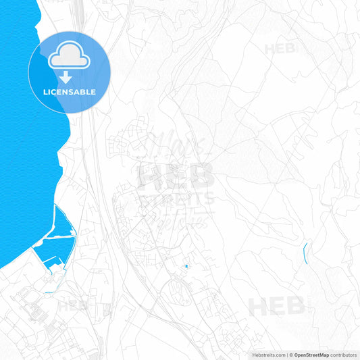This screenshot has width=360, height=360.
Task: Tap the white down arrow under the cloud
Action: (66, 78)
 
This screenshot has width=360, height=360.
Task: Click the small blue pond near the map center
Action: (186, 267)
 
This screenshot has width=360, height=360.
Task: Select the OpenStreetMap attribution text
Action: (311, 355)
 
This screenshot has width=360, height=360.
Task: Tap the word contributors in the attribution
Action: (344, 355)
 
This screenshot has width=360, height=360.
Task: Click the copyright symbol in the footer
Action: (290, 355)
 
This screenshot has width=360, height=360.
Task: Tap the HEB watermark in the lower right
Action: (277, 306)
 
